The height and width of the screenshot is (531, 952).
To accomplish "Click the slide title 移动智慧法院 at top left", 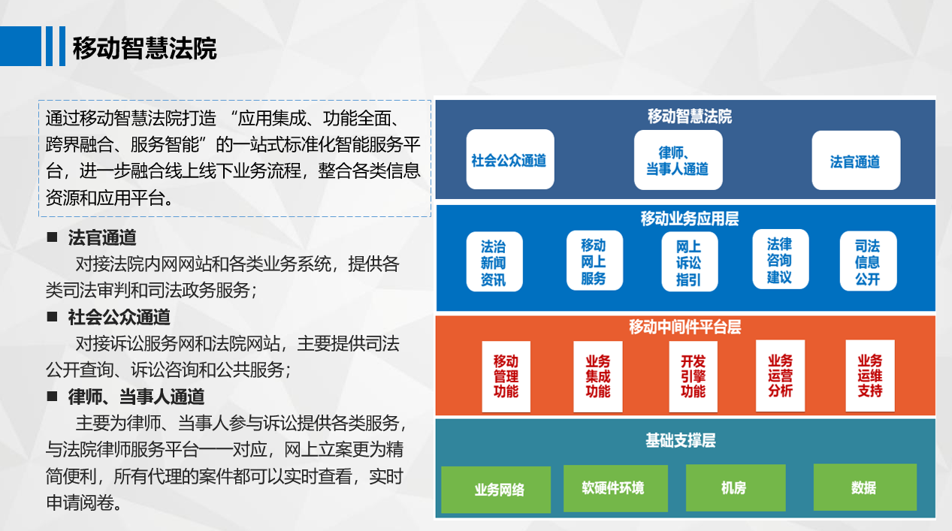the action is coord(144,48).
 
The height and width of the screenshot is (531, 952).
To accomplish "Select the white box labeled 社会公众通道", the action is coord(510,159).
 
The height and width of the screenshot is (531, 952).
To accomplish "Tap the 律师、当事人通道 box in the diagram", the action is coord(678,160).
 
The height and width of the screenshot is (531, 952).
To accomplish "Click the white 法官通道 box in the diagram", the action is coord(856,160).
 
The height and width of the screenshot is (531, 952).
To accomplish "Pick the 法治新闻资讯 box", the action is coord(494,261).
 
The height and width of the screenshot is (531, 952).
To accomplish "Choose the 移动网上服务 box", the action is coord(594,261).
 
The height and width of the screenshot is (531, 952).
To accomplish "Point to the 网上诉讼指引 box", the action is coord(689,261).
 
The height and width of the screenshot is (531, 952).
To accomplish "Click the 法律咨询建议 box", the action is coord(780,259).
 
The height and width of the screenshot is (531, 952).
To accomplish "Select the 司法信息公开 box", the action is coord(869,261).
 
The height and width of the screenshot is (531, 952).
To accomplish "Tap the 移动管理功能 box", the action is coord(506,376).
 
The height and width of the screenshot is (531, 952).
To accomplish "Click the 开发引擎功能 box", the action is coord(694,376).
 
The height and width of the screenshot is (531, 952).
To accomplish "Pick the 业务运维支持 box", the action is coord(870,376).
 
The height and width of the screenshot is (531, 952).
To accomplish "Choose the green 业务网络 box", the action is coord(496,490).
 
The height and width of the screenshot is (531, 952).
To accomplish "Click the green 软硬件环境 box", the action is coord(615,488).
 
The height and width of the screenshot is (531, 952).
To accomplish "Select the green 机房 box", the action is coord(736,487).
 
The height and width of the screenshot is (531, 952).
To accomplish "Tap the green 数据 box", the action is coord(865,487).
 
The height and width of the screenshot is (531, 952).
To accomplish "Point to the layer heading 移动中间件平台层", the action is coord(685,327).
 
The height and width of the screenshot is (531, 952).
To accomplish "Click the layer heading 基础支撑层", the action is coord(681,440).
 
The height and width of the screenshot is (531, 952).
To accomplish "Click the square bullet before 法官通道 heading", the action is coord(52,237).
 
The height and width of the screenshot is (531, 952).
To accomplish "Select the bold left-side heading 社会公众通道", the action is coord(119,318).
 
